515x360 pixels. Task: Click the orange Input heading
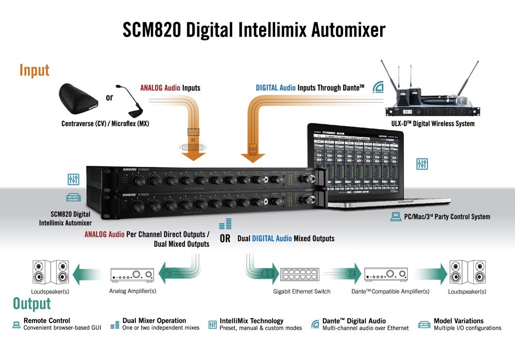pos(35,71)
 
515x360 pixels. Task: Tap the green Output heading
pos(32,303)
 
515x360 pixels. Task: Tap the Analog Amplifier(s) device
pos(132,275)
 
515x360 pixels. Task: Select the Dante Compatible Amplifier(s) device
pos(386,274)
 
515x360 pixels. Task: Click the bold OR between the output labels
pos(225,239)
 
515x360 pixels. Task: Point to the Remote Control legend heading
pos(47,321)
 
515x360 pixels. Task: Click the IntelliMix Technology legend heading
pos(251,321)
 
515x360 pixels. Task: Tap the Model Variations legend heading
pos(458,321)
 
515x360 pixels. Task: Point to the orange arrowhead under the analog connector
pos(194,154)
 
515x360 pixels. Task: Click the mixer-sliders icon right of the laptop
pos(422,164)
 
